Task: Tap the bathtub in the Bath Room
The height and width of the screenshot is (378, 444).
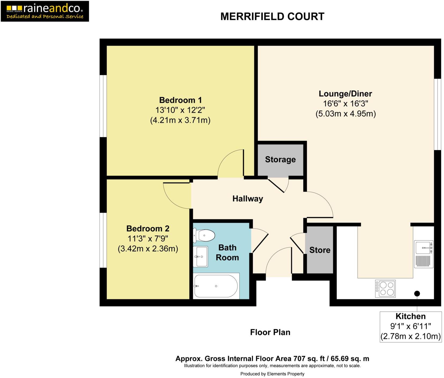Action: pyautogui.click(x=216, y=286)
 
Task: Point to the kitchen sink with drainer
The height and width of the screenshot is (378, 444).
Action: pyautogui.click(x=424, y=254)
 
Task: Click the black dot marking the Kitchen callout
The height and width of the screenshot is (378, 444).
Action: pyautogui.click(x=417, y=293)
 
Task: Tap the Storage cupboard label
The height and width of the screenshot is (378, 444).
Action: pyautogui.click(x=280, y=159)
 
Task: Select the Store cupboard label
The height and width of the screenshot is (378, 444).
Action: pyautogui.click(x=320, y=250)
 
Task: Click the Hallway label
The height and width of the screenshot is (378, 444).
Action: pyautogui.click(x=247, y=199)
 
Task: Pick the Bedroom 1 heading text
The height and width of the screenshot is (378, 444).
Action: pyautogui.click(x=180, y=100)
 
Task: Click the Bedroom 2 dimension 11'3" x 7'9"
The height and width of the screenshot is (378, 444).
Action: pyautogui.click(x=148, y=238)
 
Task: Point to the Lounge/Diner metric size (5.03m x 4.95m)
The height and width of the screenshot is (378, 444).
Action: pyautogui.click(x=345, y=113)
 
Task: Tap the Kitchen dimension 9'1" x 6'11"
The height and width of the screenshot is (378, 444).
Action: pyautogui.click(x=410, y=326)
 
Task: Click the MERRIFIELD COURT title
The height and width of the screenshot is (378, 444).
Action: pyautogui.click(x=272, y=17)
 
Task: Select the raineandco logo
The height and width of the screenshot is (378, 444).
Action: pyautogui.click(x=45, y=11)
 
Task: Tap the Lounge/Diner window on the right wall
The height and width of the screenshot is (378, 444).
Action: pyautogui.click(x=437, y=114)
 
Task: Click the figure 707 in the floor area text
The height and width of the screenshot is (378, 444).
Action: pyautogui.click(x=299, y=358)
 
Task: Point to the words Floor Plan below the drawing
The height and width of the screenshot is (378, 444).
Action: pyautogui.click(x=270, y=332)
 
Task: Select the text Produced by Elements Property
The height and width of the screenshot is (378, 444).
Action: pyautogui.click(x=272, y=374)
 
